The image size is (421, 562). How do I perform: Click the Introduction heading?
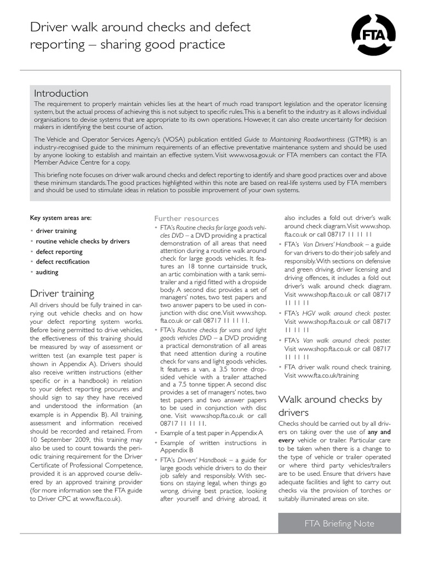(61, 93)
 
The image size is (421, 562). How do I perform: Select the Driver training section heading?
(62, 293)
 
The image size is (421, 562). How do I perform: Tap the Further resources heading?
(186, 218)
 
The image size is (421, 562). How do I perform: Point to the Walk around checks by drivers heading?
(330, 406)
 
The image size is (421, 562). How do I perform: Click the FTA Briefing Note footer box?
(339, 523)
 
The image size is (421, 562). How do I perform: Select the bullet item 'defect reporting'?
(59, 251)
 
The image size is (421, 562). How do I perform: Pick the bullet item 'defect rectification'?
(62, 262)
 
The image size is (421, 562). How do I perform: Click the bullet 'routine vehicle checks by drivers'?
(83, 241)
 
